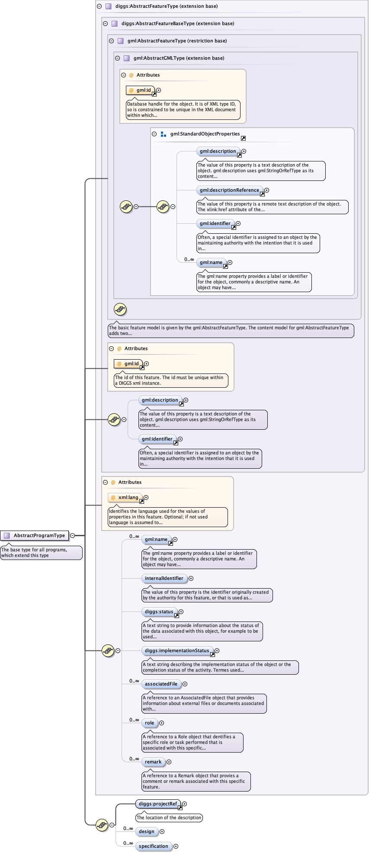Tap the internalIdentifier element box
[164, 578]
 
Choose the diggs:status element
[159, 612]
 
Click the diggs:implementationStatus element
[176, 650]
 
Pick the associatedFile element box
[161, 684]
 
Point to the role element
[149, 723]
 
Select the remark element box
[153, 762]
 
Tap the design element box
[146, 831]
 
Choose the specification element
[153, 846]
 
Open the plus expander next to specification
[176, 846]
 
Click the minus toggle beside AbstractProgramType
[72, 535]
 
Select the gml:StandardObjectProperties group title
[205, 134]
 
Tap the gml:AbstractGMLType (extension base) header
[179, 58]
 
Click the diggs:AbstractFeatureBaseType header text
[177, 23]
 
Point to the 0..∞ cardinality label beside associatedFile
[134, 681]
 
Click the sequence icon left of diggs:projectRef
[102, 824]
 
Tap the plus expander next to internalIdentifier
[191, 578]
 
